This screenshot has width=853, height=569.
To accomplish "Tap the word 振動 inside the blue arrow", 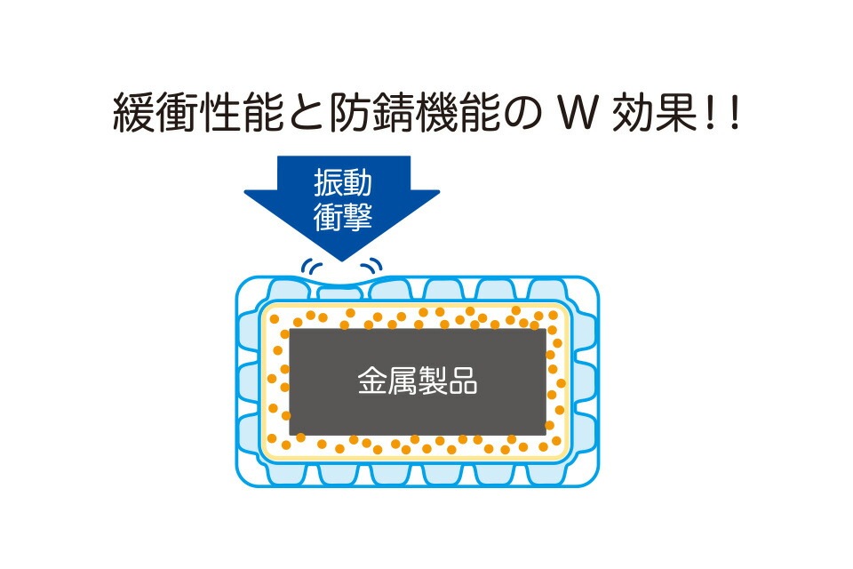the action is (343, 183).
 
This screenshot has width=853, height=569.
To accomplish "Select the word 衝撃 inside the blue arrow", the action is (343, 217).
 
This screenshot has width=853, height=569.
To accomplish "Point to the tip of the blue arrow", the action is (341, 260).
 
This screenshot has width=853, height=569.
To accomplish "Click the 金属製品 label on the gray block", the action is (418, 381).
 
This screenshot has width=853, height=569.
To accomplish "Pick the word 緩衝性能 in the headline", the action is (198, 113).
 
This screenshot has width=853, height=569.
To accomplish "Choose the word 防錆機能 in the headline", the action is (414, 113).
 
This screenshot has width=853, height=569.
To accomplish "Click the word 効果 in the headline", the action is (655, 113).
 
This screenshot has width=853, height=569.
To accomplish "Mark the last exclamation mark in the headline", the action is (736, 113).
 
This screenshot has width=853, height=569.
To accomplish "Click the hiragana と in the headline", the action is (307, 114).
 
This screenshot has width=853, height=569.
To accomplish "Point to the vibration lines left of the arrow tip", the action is (311, 266).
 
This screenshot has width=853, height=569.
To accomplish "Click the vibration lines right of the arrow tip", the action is (372, 265).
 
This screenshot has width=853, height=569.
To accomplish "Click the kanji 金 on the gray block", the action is (372, 381).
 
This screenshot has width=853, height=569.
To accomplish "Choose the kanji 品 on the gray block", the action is (463, 381).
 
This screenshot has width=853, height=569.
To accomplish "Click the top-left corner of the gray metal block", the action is (290, 329).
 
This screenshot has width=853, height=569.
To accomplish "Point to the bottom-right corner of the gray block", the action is (546, 435).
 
